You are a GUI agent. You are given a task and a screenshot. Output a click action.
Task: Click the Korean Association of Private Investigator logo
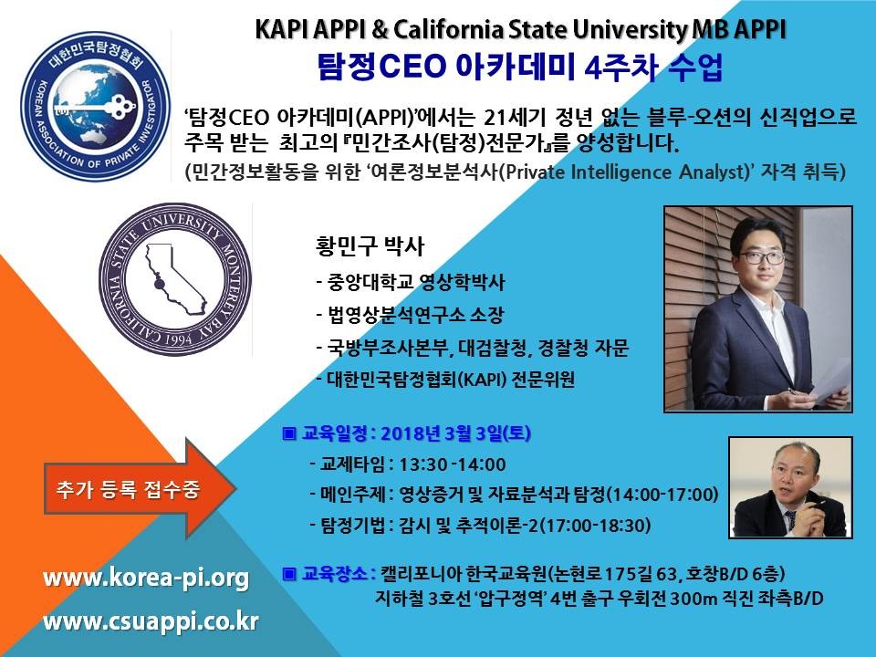(x=95, y=106)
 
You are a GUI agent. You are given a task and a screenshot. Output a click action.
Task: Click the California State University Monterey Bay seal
(x=175, y=279)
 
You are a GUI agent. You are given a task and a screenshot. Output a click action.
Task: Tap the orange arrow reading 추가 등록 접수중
(x=140, y=489)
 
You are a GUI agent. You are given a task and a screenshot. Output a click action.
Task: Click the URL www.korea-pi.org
(x=146, y=579)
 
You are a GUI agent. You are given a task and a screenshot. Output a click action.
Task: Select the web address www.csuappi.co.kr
(x=151, y=621)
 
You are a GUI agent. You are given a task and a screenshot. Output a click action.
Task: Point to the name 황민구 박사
(x=370, y=245)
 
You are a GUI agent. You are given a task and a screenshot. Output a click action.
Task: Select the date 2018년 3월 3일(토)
(x=455, y=433)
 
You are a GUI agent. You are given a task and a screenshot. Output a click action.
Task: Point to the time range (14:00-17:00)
(x=662, y=495)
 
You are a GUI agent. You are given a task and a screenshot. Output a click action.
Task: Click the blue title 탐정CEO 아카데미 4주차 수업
(x=520, y=67)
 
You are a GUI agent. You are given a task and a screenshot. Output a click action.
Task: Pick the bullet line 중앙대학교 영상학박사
(x=410, y=282)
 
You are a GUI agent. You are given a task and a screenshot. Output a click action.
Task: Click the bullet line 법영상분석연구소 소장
(x=410, y=315)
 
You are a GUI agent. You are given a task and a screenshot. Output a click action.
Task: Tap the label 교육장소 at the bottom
(x=334, y=574)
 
